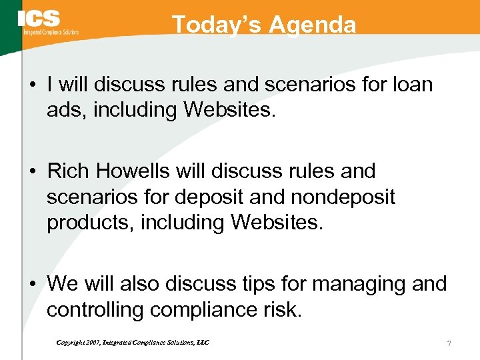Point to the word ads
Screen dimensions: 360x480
(65, 109)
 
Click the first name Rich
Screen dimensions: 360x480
(67, 171)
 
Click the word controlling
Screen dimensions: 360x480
(95, 309)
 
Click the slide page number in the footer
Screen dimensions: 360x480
(449, 343)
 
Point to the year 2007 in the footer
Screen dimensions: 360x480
(92, 343)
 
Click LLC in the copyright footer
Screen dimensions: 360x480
(202, 343)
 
